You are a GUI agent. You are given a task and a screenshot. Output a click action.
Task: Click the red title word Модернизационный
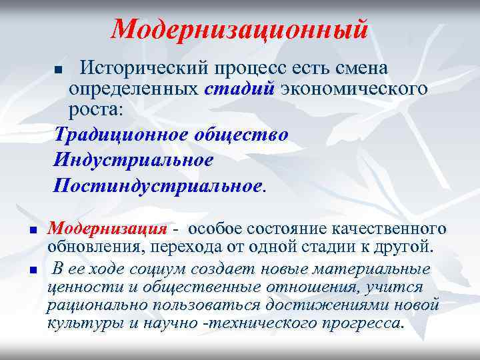(x=239, y=29)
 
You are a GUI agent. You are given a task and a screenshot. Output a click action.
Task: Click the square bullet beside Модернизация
(x=32, y=231)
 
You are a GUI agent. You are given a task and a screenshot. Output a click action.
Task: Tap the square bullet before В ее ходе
(x=32, y=270)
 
